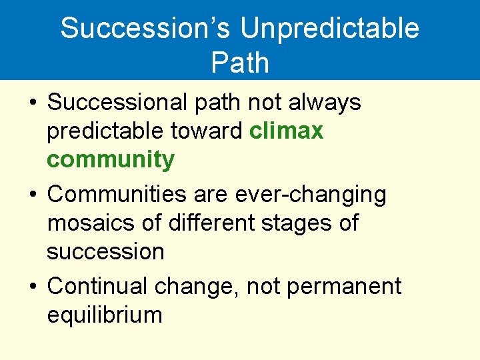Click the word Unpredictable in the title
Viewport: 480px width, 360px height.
pos(329,29)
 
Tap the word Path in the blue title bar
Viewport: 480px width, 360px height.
pos(240,63)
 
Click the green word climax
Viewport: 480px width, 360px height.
pos(286,131)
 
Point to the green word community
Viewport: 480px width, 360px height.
pos(111,160)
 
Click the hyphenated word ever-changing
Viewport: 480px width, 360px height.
pos(311,194)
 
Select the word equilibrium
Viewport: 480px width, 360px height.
pos(105,314)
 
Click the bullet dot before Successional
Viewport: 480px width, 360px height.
pos(33,104)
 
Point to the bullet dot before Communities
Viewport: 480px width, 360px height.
pos(33,195)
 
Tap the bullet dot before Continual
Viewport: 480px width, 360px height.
pos(33,287)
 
